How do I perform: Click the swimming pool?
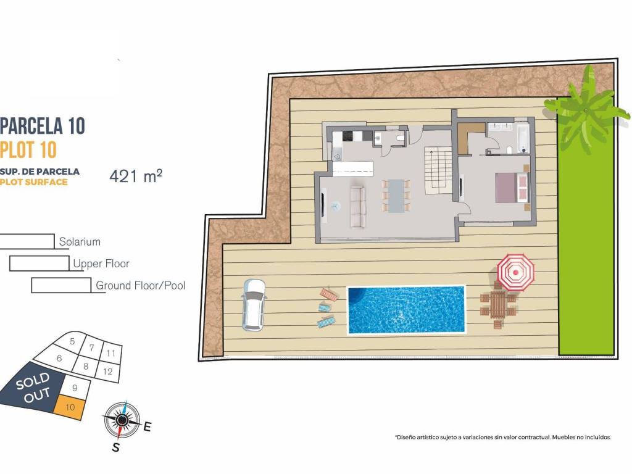click(406, 310)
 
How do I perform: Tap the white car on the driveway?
click(252, 305)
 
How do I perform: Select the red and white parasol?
click(515, 272)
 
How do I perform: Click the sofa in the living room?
click(358, 207)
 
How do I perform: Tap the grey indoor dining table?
click(396, 196)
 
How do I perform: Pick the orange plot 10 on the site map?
click(69, 408)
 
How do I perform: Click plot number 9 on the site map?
click(75, 388)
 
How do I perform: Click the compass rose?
click(122, 420)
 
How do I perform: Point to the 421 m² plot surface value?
click(136, 176)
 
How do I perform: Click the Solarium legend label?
click(80, 242)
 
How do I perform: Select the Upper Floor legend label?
click(101, 264)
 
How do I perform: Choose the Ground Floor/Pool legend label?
click(141, 286)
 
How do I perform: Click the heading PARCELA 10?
click(43, 126)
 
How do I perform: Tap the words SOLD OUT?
click(33, 388)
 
